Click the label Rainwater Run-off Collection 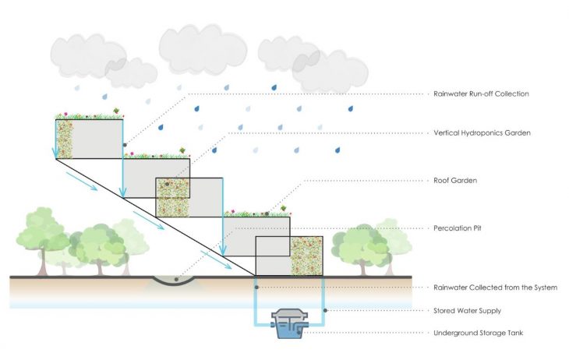481,94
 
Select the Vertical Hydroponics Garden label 482,133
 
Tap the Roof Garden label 455,180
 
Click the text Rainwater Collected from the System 495,288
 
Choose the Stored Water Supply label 468,310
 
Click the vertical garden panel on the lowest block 306,256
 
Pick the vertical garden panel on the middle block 172,197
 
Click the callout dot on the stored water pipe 323,310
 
